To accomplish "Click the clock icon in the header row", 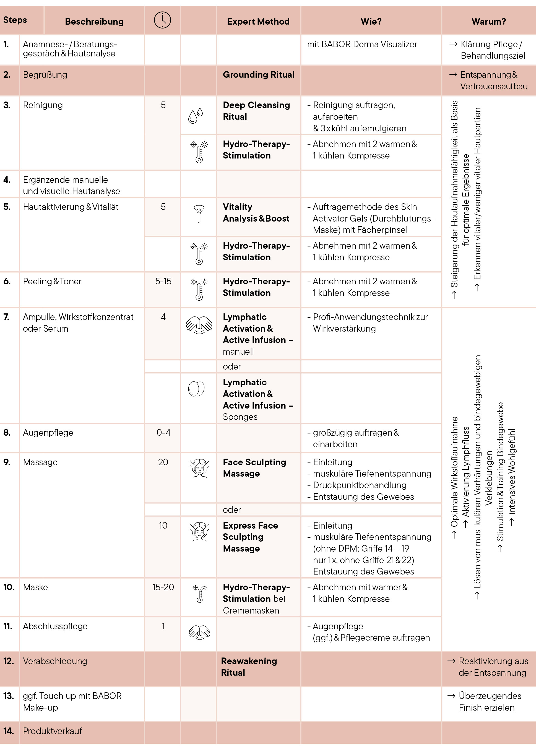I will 162,20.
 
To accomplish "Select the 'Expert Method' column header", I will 258,22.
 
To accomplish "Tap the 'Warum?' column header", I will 488,22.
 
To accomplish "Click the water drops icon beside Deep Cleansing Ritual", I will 195,116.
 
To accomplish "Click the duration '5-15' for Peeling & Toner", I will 163,281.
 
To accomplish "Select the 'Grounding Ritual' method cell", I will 258,75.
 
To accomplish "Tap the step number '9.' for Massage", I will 7,462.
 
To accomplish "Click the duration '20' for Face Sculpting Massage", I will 163,462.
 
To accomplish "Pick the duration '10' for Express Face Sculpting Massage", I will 163,526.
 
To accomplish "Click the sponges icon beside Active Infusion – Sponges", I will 196,389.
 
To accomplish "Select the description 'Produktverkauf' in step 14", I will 52,731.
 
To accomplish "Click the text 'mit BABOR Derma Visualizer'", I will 362,45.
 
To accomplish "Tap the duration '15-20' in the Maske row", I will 163,587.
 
